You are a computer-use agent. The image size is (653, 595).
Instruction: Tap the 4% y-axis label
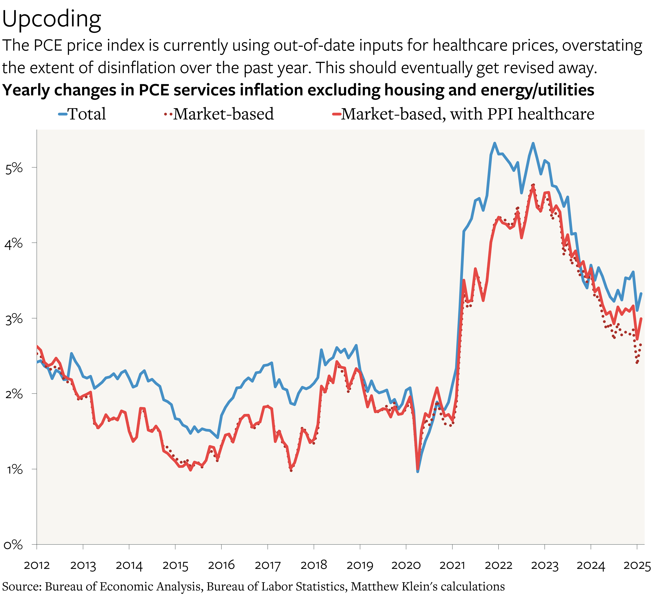[14, 243]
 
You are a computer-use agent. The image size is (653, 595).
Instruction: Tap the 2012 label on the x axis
[37, 565]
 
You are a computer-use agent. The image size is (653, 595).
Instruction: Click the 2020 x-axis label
[406, 565]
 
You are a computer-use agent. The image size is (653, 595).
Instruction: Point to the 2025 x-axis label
[637, 565]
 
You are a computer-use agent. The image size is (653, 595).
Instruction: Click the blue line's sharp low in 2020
[418, 471]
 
